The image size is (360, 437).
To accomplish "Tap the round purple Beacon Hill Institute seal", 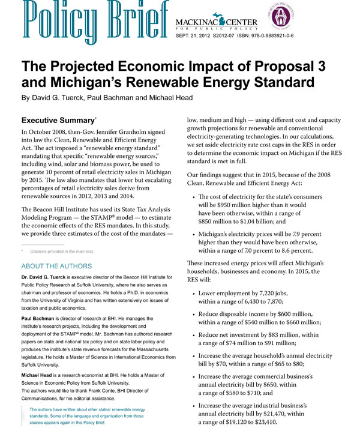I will coord(278,16).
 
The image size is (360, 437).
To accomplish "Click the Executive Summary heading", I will coord(58,120).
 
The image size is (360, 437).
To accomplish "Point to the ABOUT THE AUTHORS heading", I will coord(56,265).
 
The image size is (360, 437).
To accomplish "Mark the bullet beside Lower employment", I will coord(191,294).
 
